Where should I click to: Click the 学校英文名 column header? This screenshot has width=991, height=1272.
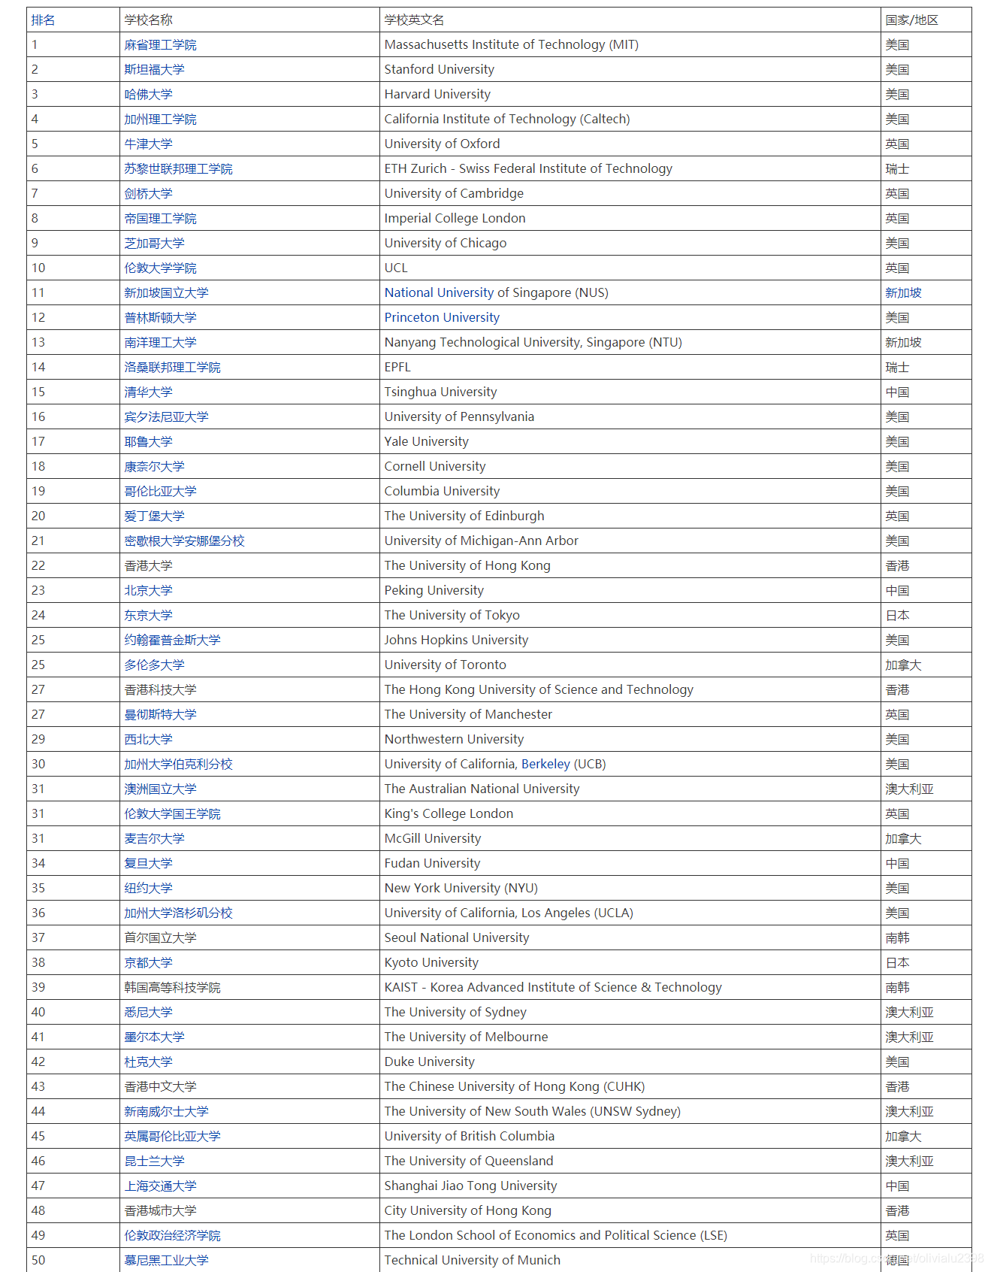click(414, 20)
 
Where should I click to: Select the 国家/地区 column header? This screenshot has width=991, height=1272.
click(911, 20)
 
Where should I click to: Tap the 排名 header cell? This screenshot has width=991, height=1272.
click(43, 20)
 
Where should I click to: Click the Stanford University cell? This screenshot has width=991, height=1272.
click(439, 70)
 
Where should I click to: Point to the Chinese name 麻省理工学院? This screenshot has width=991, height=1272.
click(160, 45)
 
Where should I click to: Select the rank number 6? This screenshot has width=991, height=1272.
click(35, 169)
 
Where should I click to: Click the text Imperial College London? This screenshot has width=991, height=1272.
click(455, 219)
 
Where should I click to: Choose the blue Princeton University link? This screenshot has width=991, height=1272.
click(442, 318)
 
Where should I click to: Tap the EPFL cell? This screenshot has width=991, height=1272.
click(397, 368)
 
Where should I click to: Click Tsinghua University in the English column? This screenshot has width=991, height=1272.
click(440, 392)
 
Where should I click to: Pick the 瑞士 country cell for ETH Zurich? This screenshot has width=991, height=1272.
click(897, 169)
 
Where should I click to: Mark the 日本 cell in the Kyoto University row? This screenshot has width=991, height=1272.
click(897, 963)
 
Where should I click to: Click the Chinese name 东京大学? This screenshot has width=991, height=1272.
click(148, 616)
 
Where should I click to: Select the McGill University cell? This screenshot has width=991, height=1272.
click(432, 839)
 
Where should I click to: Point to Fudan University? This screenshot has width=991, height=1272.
click(432, 864)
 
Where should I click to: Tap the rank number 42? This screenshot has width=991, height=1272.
click(38, 1062)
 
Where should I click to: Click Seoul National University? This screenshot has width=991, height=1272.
click(457, 938)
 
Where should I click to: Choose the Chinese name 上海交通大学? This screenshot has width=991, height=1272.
click(160, 1186)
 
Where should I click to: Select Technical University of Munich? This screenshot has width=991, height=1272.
click(472, 1261)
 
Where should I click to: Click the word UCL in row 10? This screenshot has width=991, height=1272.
click(396, 268)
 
